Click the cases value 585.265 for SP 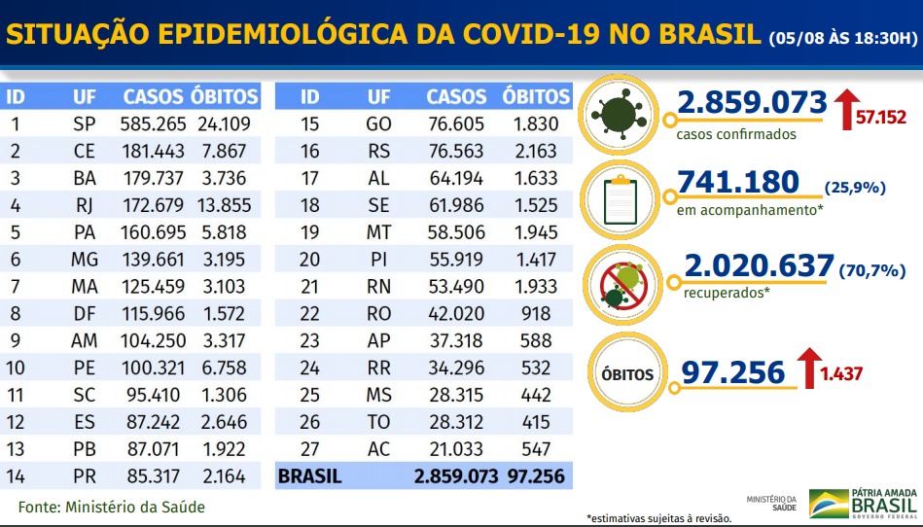tap(152, 123)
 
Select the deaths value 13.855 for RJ tap(225, 205)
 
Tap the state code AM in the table tap(85, 341)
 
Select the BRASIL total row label tap(309, 477)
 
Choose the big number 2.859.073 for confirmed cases tap(753, 102)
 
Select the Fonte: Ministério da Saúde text tap(112, 507)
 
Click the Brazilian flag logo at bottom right tap(828, 503)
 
